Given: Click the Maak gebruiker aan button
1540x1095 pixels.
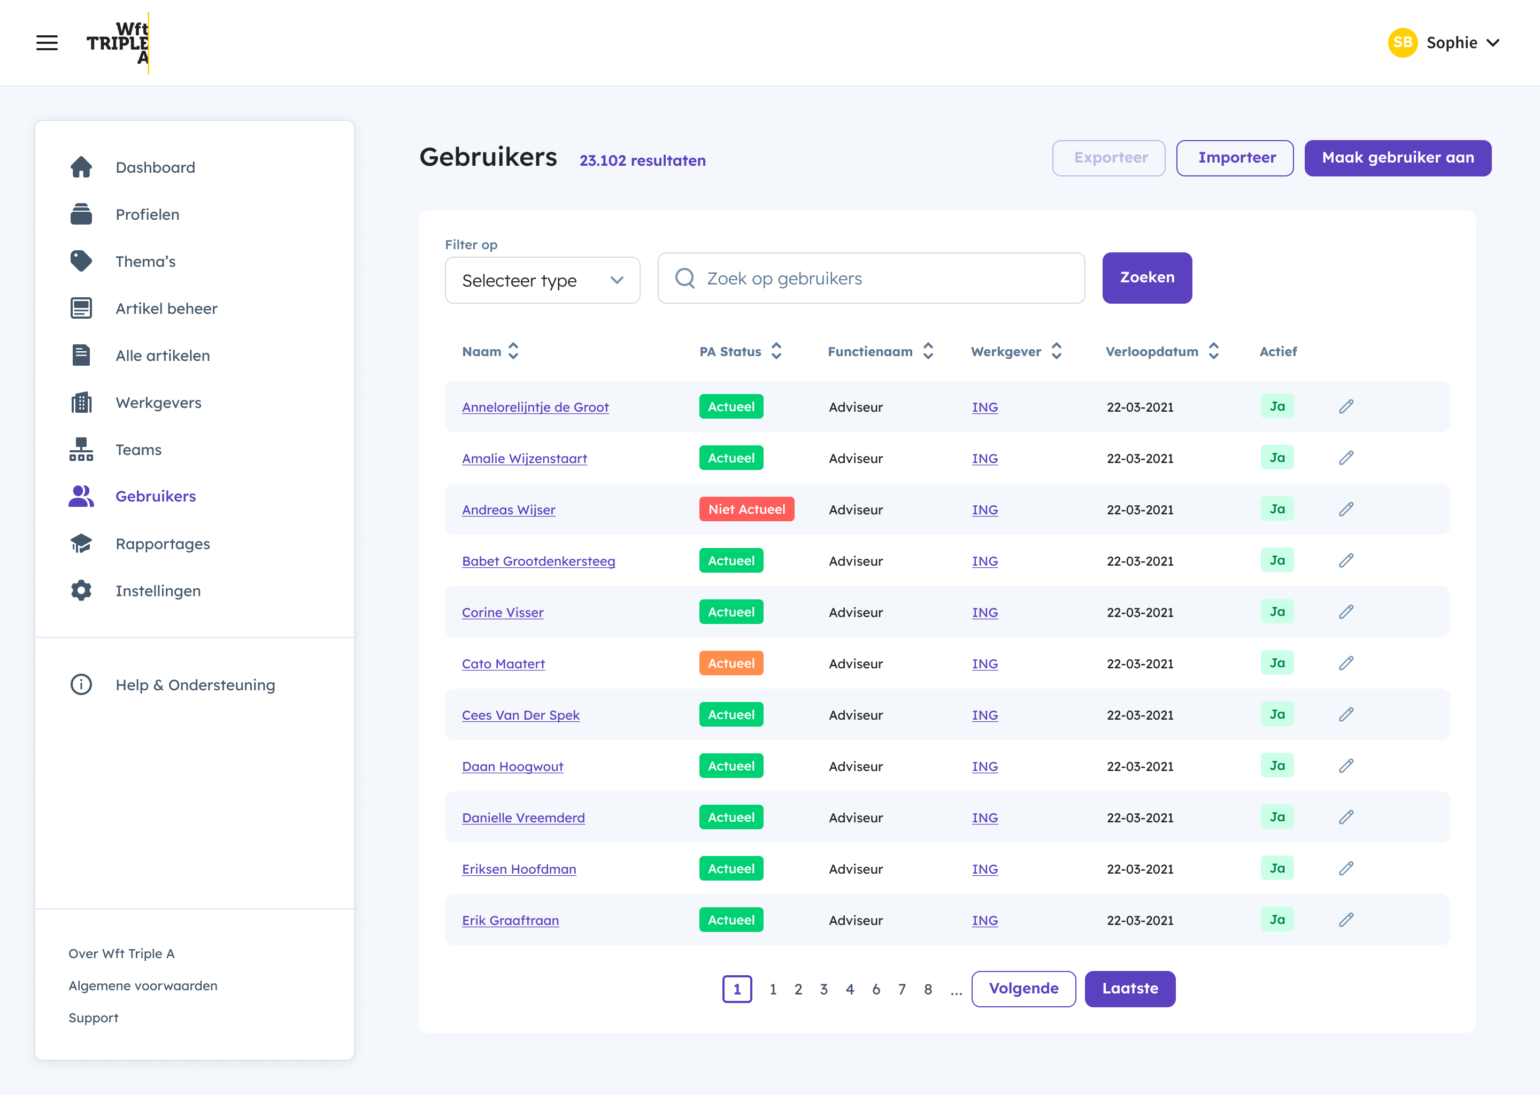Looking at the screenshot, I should pyautogui.click(x=1397, y=158).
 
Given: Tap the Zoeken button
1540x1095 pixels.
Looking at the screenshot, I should pyautogui.click(x=1146, y=278).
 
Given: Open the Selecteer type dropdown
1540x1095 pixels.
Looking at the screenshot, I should pyautogui.click(x=542, y=280).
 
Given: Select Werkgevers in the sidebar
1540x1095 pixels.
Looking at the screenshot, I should pyautogui.click(x=158, y=403).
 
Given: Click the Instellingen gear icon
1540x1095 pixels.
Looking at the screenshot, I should pyautogui.click(x=81, y=591).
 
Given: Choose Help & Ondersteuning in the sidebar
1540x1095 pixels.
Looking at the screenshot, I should pyautogui.click(x=195, y=685).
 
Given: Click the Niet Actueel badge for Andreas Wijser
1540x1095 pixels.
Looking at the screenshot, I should pyautogui.click(x=746, y=509).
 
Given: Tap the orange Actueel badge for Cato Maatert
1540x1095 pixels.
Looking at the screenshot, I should pyautogui.click(x=731, y=664).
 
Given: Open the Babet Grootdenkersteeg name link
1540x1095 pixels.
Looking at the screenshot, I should pyautogui.click(x=538, y=561).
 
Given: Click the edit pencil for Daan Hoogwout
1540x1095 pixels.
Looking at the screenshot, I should pyautogui.click(x=1346, y=766).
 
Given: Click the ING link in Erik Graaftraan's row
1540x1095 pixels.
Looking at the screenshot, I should pyautogui.click(x=984, y=920).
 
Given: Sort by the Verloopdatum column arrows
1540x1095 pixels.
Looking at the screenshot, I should pyautogui.click(x=1214, y=351).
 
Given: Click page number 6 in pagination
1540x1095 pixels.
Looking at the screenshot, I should pyautogui.click(x=876, y=989).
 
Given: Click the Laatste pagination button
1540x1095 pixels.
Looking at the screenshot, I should pyautogui.click(x=1129, y=989).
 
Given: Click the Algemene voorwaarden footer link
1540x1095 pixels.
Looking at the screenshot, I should pyautogui.click(x=143, y=986).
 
